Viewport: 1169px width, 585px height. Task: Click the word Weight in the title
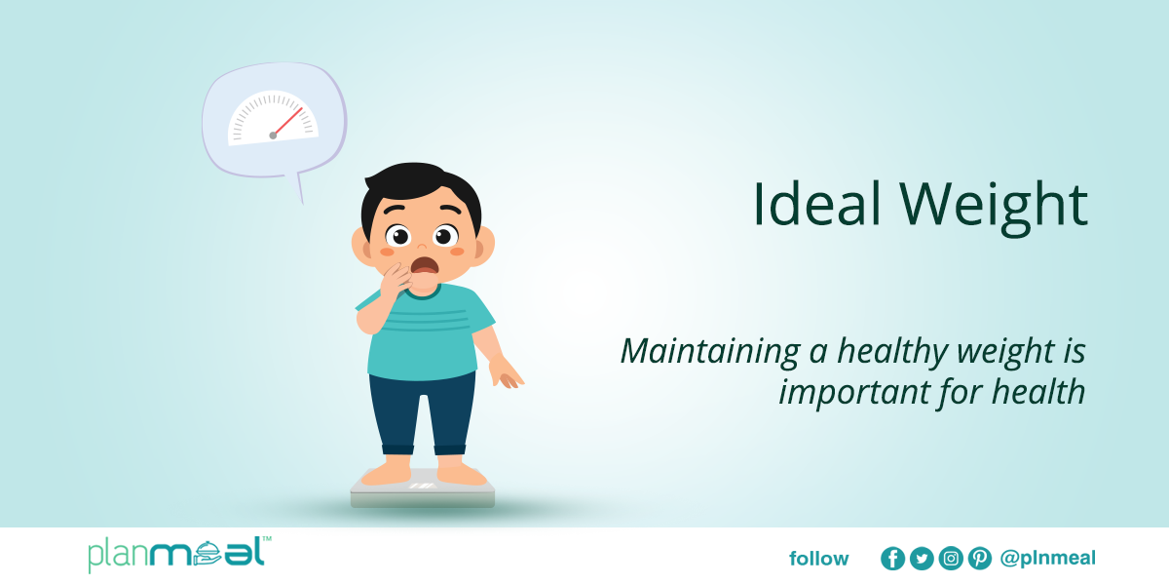coord(994,208)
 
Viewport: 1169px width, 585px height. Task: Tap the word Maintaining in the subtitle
coord(710,352)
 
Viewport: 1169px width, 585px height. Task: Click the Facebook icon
coord(892,559)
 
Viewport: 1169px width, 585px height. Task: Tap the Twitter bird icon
coord(922,559)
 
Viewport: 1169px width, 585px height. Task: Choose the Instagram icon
coord(951,559)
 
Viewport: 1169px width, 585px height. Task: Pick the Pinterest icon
coord(980,559)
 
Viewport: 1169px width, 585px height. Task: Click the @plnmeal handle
coord(1048,559)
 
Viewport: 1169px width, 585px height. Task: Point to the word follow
coord(819,559)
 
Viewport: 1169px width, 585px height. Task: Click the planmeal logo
coord(179,554)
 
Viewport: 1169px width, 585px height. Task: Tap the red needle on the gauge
coord(288,122)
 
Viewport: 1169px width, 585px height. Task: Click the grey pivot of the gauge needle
coord(273,136)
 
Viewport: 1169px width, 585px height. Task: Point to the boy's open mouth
coord(425,265)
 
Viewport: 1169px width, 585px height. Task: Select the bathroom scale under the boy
coord(423,489)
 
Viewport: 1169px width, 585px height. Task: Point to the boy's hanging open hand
coord(505,372)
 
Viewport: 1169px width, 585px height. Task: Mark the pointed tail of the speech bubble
coord(302,204)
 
